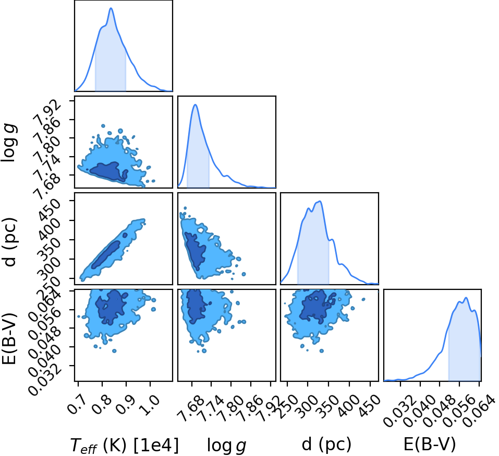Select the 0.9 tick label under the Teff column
click(x=126, y=404)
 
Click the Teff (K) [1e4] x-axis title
click(x=125, y=445)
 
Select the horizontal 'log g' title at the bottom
click(x=227, y=446)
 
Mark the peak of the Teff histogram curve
click(x=111, y=8)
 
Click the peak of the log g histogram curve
click(x=196, y=104)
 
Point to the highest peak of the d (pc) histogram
click(x=320, y=201)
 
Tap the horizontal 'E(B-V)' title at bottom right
click(x=430, y=444)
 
